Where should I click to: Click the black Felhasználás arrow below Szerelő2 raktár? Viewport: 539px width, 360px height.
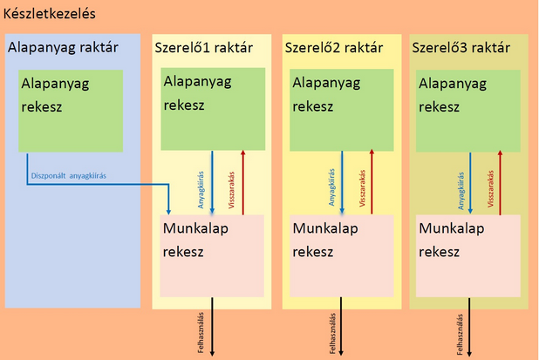tap(342, 331)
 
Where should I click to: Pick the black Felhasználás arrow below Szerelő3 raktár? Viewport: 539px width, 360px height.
tap(470, 331)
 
